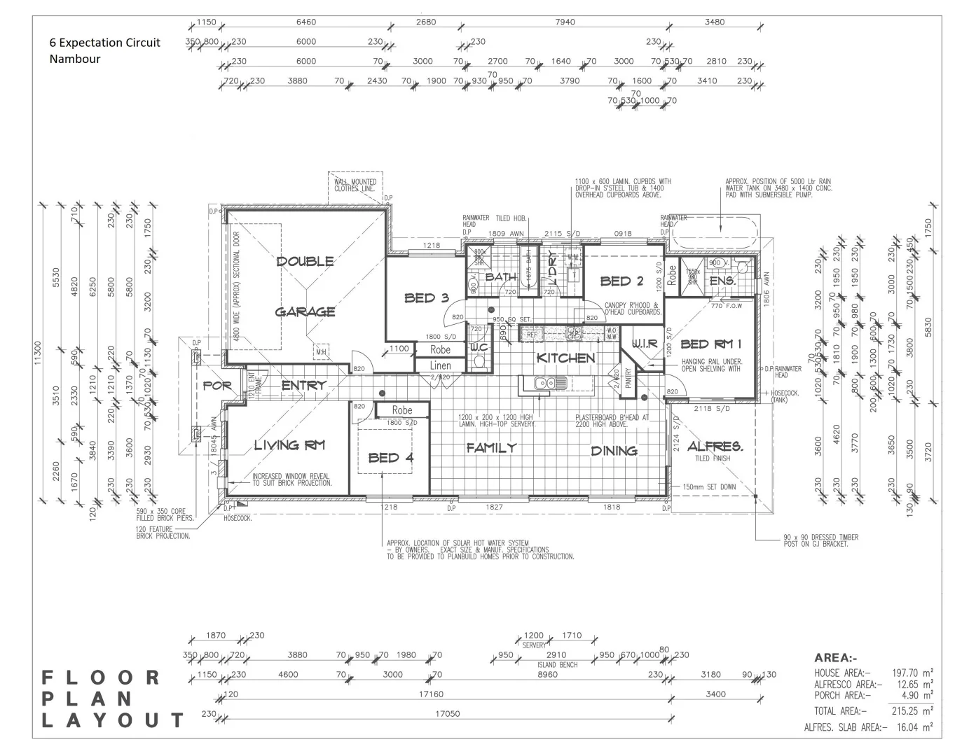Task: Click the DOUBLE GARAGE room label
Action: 305,286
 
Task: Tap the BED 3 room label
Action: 426,298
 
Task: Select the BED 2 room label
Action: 621,281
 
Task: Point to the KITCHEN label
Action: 565,358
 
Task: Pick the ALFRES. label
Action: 715,446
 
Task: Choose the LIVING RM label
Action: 289,445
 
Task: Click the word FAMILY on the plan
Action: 492,448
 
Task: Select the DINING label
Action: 614,451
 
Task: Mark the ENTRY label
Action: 303,385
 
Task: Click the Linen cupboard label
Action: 440,365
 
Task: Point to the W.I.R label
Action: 645,344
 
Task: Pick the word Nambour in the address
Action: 75,59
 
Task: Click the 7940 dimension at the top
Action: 565,22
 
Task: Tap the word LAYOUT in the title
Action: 113,720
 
